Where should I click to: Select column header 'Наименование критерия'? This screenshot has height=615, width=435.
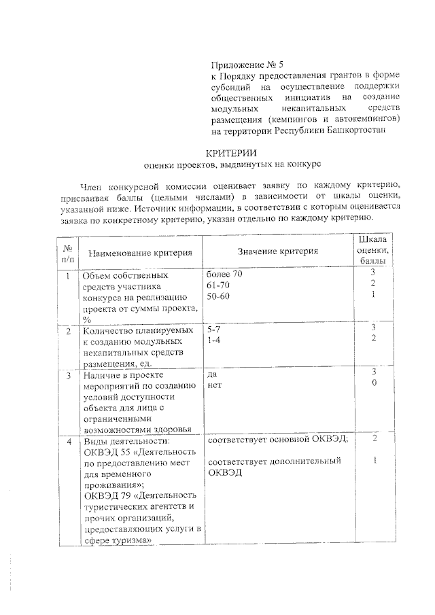click(135, 253)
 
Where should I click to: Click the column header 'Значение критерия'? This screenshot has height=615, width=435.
click(278, 252)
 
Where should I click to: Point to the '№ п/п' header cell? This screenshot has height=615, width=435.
click(67, 253)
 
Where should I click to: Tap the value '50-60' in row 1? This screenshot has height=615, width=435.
click(218, 298)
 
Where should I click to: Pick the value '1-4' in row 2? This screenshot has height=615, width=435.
click(213, 341)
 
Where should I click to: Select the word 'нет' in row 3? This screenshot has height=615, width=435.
click(215, 385)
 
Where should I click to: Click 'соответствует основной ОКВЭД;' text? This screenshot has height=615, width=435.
click(278, 440)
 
